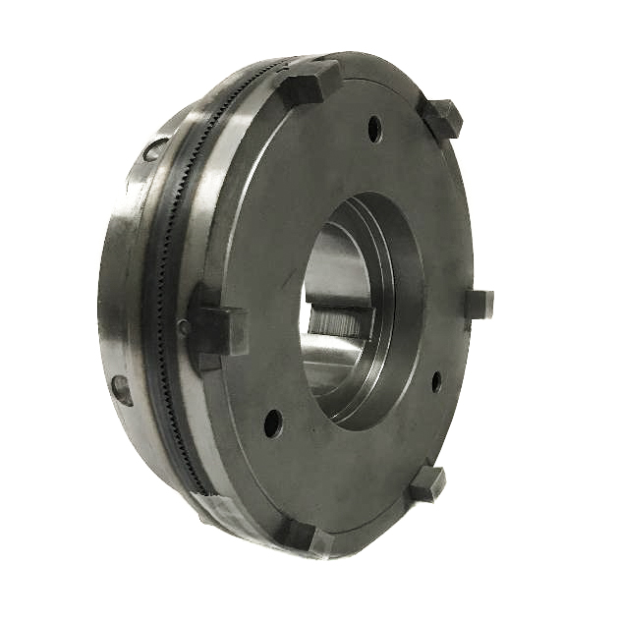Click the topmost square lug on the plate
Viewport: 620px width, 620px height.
coord(312,81)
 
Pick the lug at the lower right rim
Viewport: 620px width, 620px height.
coord(428,483)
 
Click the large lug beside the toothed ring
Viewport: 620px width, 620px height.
coord(217,325)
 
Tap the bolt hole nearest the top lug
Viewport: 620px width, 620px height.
coord(374,127)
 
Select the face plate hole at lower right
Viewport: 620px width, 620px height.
coord(435,381)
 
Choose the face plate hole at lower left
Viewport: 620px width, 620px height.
coord(273,423)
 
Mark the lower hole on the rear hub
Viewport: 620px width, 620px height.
coord(121,389)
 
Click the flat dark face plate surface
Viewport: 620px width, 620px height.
coord(295,197)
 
